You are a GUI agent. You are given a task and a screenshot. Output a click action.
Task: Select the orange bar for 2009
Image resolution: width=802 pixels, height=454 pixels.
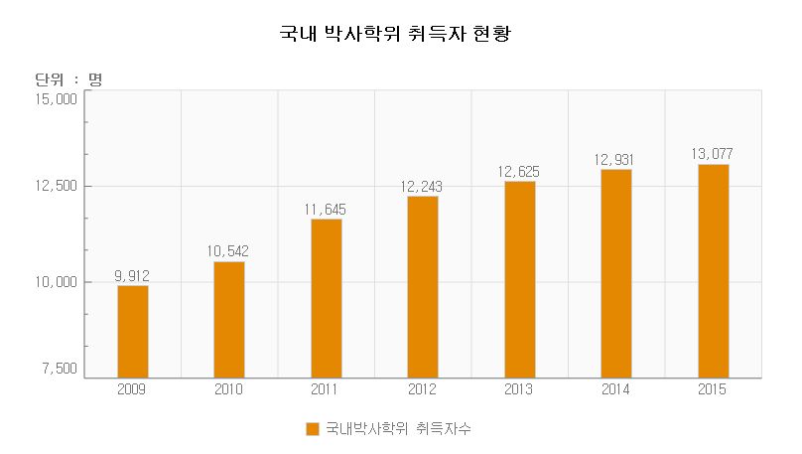pyautogui.click(x=132, y=331)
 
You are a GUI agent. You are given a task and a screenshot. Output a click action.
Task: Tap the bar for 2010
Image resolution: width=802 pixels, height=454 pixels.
pyautogui.click(x=229, y=319)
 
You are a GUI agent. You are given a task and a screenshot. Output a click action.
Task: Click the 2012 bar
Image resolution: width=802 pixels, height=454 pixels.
pyautogui.click(x=423, y=286)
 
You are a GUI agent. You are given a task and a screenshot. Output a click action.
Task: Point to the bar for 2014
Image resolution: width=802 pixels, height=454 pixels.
pyautogui.click(x=615, y=273)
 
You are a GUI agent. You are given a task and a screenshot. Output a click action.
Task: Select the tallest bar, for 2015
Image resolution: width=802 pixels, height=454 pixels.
pyautogui.click(x=713, y=270)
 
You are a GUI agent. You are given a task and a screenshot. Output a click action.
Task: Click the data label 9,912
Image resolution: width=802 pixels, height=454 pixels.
pyautogui.click(x=132, y=275)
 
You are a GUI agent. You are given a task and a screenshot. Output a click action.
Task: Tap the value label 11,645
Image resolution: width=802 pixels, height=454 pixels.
pyautogui.click(x=326, y=209)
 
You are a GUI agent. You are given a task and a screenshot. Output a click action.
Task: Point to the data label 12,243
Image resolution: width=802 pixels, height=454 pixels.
pyautogui.click(x=422, y=186)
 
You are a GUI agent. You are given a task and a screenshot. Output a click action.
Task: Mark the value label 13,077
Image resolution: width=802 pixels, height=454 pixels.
pyautogui.click(x=712, y=154)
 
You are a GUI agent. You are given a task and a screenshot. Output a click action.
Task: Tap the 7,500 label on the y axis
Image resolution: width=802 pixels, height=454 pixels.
pyautogui.click(x=60, y=369)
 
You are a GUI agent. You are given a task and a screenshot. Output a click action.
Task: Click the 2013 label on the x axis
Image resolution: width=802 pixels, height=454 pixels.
pyautogui.click(x=519, y=389)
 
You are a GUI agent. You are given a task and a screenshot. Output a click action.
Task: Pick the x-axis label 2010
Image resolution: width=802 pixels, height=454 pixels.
pyautogui.click(x=229, y=389)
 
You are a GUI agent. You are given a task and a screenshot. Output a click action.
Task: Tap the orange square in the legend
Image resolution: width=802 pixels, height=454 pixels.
pyautogui.click(x=313, y=429)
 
